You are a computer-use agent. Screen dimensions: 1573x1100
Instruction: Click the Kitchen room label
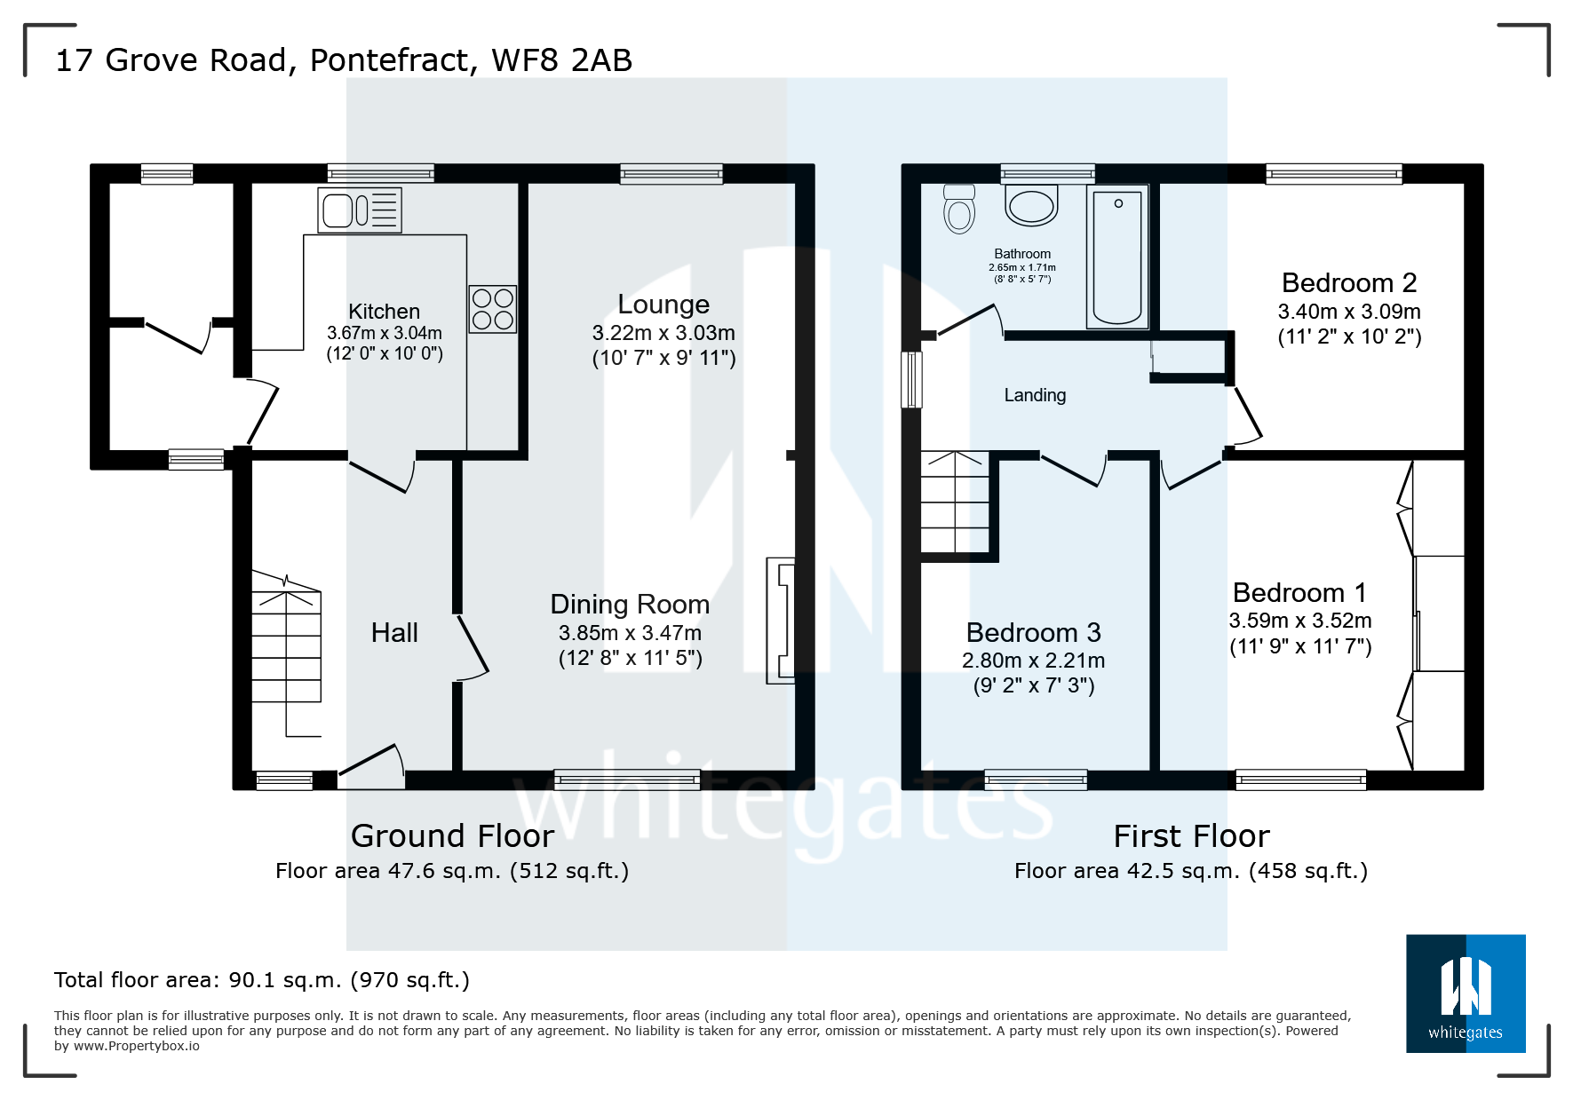pyautogui.click(x=384, y=312)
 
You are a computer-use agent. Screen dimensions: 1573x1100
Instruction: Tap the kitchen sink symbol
pyautogui.click(x=360, y=210)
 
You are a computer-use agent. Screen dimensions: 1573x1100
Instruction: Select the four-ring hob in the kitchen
pyautogui.click(x=493, y=309)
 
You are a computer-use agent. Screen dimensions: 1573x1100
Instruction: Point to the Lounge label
pyautogui.click(x=663, y=305)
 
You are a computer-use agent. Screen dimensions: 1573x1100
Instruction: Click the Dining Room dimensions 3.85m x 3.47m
pyautogui.click(x=630, y=633)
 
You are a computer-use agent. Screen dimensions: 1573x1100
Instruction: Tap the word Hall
pyautogui.click(x=394, y=633)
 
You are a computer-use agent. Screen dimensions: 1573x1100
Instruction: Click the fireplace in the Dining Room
pyautogui.click(x=781, y=621)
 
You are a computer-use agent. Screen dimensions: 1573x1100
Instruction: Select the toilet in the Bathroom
pyautogui.click(x=959, y=209)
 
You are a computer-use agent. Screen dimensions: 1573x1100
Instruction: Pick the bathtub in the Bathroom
pyautogui.click(x=1117, y=257)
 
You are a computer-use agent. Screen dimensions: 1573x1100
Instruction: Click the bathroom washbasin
pyautogui.click(x=1031, y=206)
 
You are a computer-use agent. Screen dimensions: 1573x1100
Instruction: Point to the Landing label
pyautogui.click(x=1035, y=395)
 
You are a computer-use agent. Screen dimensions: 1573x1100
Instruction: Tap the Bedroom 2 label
pyautogui.click(x=1349, y=283)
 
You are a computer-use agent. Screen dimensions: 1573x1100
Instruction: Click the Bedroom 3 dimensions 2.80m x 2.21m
pyautogui.click(x=1034, y=661)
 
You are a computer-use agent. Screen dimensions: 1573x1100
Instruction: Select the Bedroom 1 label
pyautogui.click(x=1300, y=592)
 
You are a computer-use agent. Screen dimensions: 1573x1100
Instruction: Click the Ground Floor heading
pyautogui.click(x=452, y=836)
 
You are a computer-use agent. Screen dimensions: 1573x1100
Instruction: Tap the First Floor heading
pyautogui.click(x=1192, y=836)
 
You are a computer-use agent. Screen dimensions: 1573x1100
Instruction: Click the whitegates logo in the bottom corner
pyautogui.click(x=1466, y=993)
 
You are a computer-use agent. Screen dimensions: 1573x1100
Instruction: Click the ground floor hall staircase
pyautogui.click(x=286, y=653)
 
